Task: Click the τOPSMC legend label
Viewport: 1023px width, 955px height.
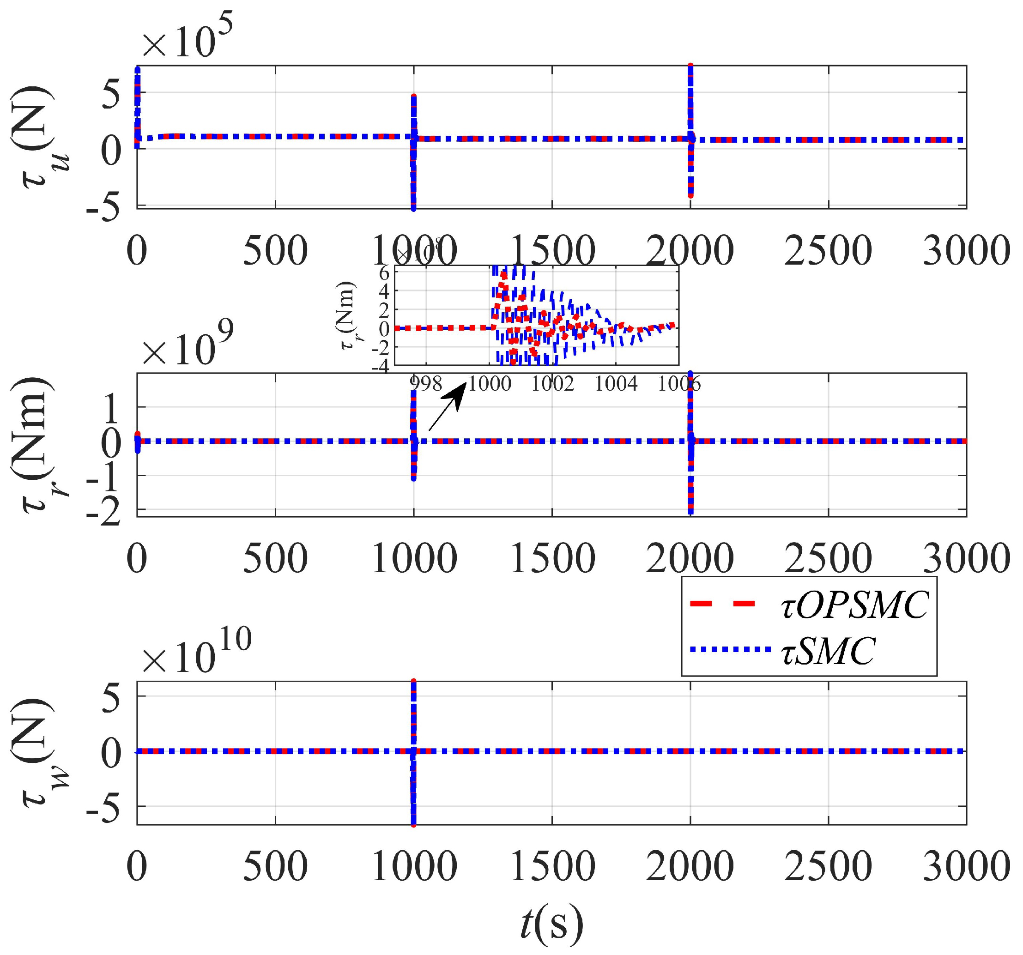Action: pyautogui.click(x=855, y=605)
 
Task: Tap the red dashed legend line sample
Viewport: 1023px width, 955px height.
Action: pyautogui.click(x=722, y=604)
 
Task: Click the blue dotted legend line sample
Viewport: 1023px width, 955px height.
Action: pyautogui.click(x=722, y=650)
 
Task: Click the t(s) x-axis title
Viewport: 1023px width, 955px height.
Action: pyautogui.click(x=551, y=924)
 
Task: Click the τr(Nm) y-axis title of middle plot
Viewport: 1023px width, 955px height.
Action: pyautogui.click(x=39, y=445)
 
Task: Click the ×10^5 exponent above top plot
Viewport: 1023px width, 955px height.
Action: pyautogui.click(x=188, y=39)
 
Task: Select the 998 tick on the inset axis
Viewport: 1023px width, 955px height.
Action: pyautogui.click(x=426, y=383)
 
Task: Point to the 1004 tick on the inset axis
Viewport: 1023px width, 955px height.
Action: pyautogui.click(x=616, y=383)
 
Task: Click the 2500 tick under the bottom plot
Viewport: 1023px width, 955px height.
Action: pyautogui.click(x=828, y=866)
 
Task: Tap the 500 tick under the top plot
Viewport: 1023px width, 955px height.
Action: pyautogui.click(x=275, y=251)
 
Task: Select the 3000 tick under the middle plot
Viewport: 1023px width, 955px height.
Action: pyautogui.click(x=966, y=558)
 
